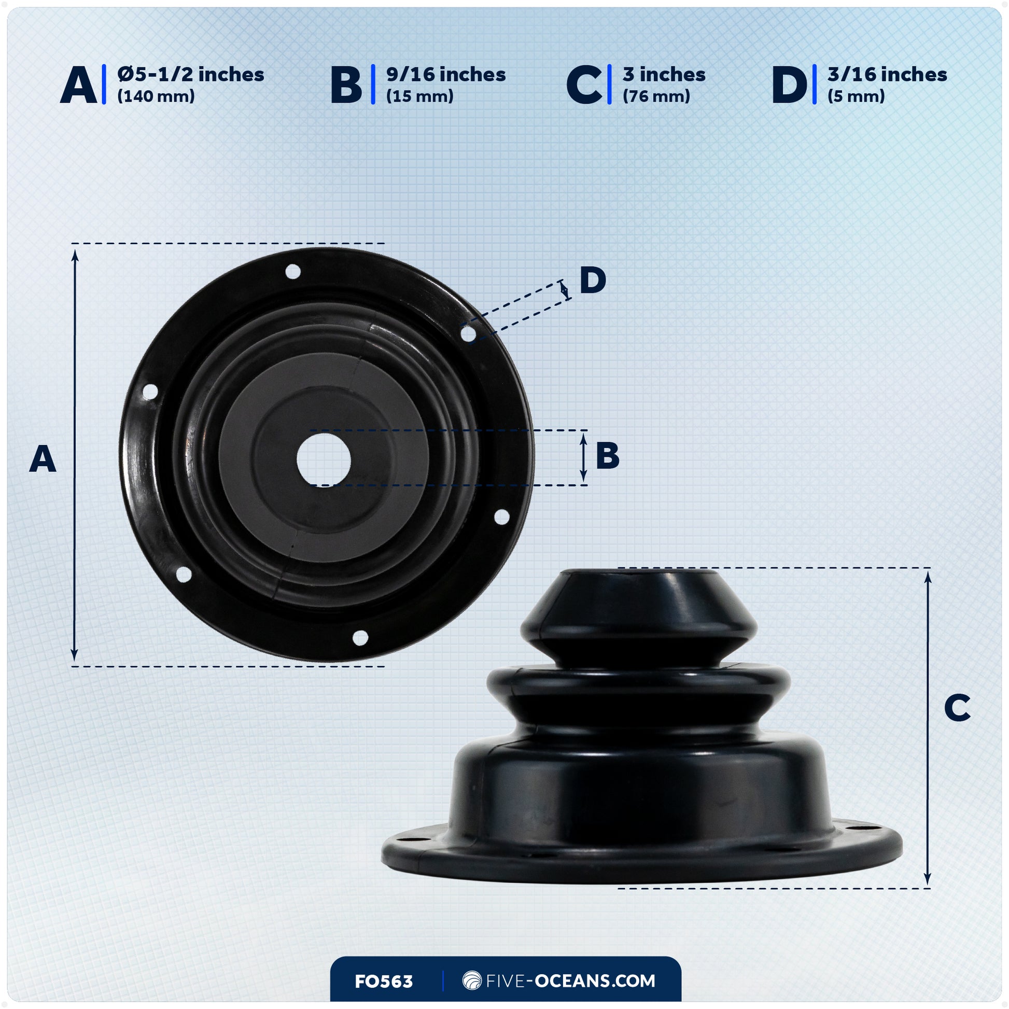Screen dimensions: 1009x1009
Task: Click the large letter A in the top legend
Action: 78,85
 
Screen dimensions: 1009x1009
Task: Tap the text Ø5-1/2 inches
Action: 191,75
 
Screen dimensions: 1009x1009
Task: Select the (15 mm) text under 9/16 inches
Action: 419,96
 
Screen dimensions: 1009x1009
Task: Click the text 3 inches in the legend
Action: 664,75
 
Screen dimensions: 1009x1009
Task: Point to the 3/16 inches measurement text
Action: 887,75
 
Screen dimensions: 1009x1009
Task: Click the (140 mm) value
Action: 156,96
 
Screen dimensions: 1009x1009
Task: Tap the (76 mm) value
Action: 656,96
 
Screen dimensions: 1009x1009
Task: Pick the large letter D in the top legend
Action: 790,85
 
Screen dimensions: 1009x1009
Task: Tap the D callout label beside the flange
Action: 593,281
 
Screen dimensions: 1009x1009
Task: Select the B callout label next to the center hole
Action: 607,455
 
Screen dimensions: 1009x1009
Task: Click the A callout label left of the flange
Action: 43,459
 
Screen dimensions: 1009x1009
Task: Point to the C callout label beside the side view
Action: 957,708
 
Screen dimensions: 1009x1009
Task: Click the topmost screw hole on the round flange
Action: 293,272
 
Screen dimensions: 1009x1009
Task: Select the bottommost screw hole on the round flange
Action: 360,638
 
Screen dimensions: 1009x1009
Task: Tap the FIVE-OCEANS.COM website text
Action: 570,981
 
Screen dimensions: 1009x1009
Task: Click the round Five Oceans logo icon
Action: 472,981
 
